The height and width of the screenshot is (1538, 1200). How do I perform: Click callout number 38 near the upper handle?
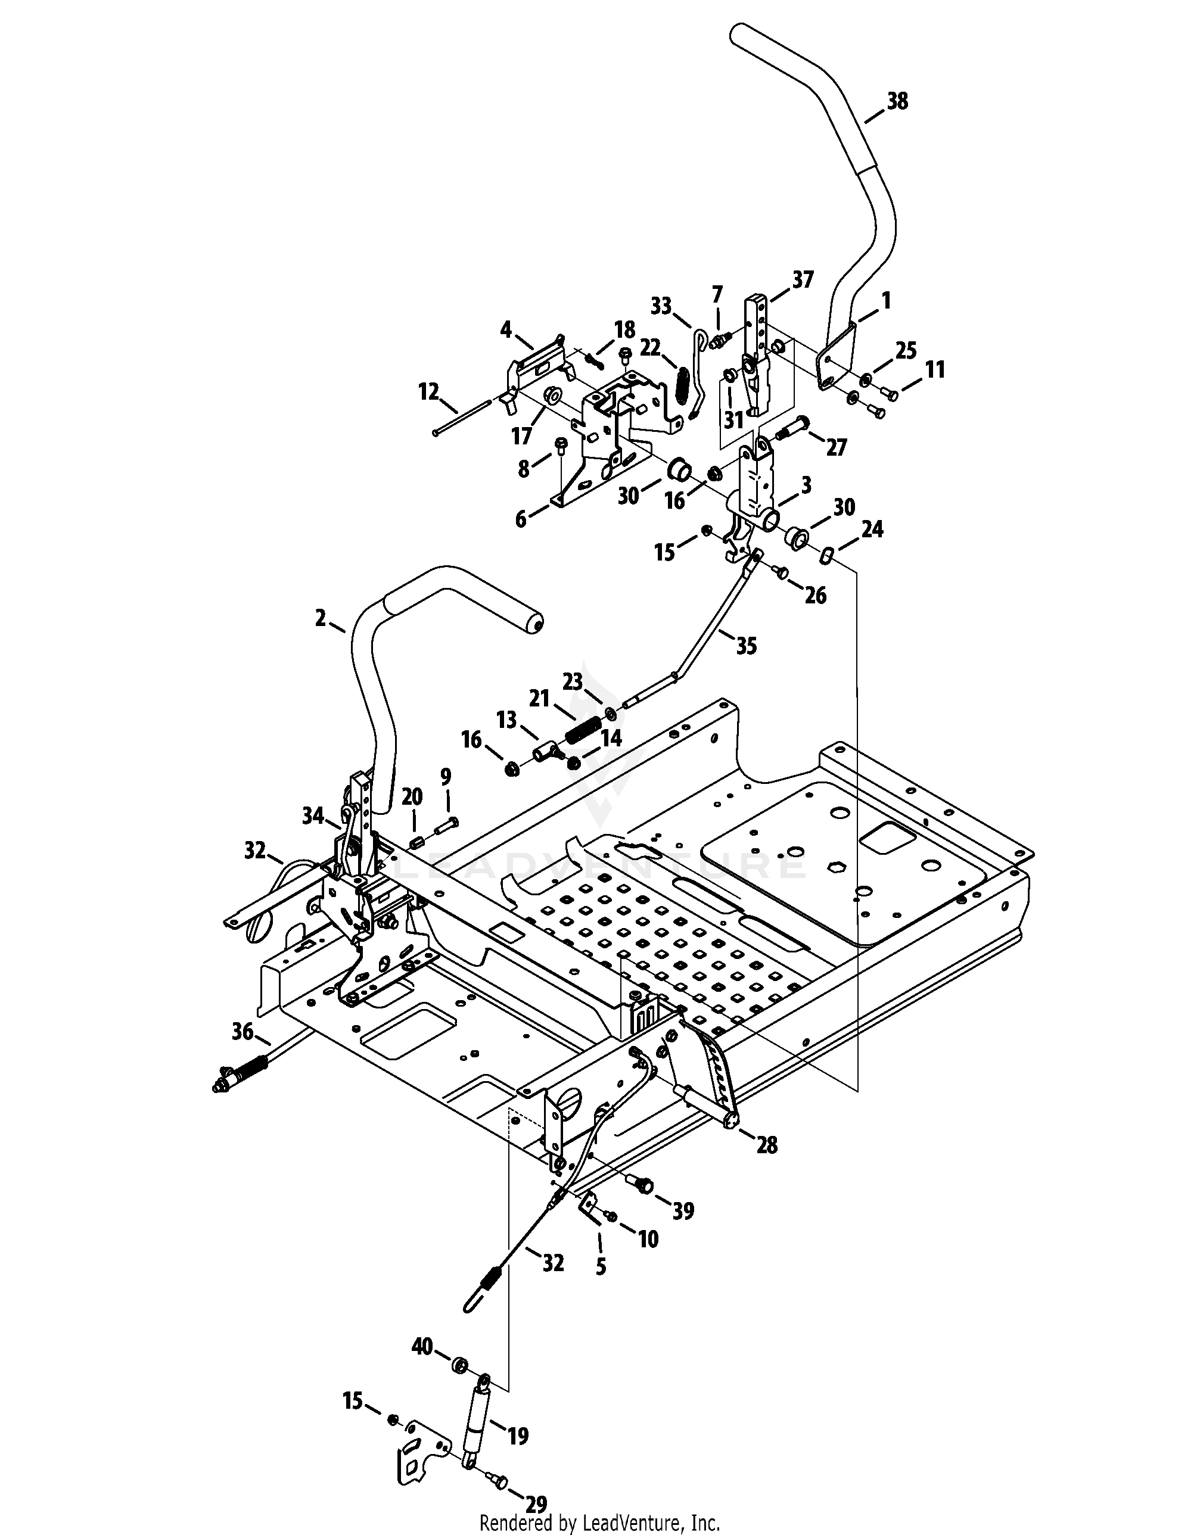[897, 101]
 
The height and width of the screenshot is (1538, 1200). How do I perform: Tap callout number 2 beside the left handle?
[321, 618]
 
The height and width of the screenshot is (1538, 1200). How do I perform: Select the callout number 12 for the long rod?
[428, 391]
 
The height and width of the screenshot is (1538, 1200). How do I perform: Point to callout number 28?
[767, 1145]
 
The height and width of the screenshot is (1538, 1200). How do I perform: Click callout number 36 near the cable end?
[243, 1032]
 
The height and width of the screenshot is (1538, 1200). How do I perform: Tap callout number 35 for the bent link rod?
[747, 645]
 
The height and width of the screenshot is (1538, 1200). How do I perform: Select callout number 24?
[872, 529]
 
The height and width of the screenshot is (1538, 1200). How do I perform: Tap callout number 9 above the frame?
[446, 777]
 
